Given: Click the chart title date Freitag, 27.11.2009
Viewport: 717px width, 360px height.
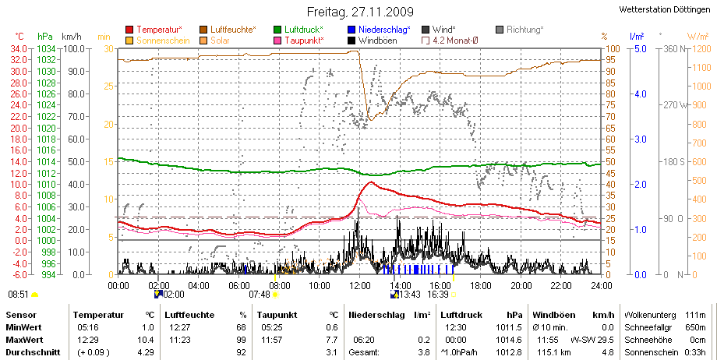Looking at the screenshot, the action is (x=360, y=12).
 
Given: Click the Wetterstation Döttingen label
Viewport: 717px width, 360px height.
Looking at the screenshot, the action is (x=665, y=9).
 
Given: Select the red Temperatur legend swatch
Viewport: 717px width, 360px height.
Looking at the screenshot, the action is (x=129, y=30).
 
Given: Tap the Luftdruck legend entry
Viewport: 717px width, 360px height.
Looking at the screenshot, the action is (x=298, y=30).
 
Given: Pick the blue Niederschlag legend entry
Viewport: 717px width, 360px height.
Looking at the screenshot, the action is (x=379, y=30).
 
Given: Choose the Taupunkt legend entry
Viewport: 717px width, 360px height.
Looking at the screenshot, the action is (x=298, y=41).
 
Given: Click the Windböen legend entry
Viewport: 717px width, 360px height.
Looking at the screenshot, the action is (x=373, y=41).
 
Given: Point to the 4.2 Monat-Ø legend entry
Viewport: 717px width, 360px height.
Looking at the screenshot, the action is (x=450, y=41).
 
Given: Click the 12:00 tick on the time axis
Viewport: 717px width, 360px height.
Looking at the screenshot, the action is (x=359, y=286).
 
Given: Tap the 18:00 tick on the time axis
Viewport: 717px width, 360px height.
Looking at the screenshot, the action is (x=480, y=286).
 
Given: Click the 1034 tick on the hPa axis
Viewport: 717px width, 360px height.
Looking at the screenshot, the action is (x=46, y=49).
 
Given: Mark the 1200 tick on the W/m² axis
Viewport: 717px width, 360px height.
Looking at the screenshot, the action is (x=702, y=49).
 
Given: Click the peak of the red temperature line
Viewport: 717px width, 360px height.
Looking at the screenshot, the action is (x=370, y=182).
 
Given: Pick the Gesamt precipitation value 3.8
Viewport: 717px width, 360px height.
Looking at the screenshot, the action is (x=424, y=353).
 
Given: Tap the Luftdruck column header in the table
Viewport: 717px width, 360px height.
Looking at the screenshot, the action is (x=461, y=315).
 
